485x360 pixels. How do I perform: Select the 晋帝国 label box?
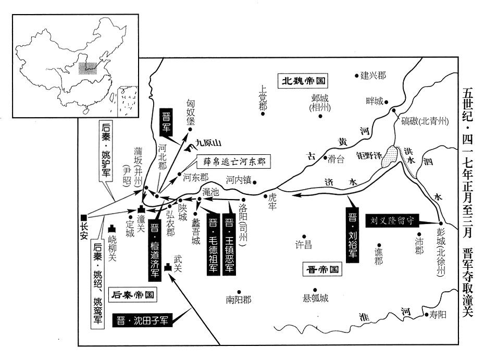[321, 270]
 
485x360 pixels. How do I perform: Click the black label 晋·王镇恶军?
[229, 243]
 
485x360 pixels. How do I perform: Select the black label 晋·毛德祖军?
[213, 243]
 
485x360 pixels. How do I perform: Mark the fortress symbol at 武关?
[167, 267]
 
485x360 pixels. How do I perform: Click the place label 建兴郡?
[373, 75]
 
